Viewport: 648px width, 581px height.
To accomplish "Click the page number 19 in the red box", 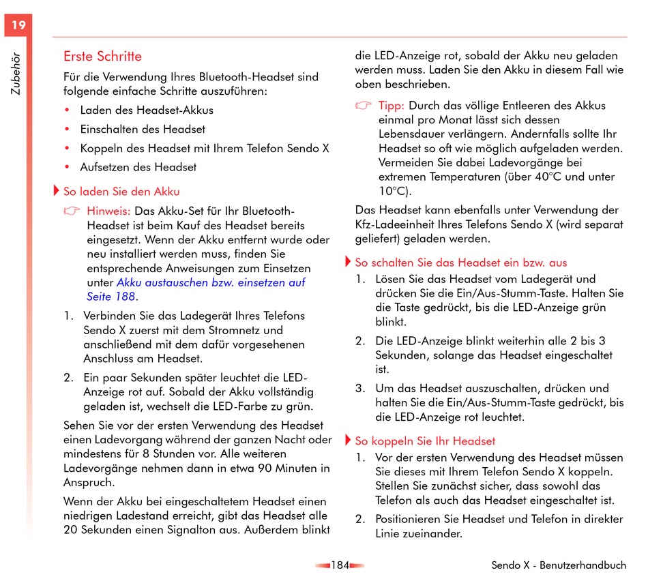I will (18, 25).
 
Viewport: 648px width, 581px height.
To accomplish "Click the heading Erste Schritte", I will (102, 57).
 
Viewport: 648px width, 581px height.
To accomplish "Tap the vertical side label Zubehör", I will (16, 74).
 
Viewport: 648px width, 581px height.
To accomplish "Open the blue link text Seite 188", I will (111, 297).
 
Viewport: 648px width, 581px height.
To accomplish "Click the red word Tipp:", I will (392, 106).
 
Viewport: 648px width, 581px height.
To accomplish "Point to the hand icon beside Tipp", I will (364, 106).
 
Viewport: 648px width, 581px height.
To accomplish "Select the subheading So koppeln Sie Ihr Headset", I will (425, 441).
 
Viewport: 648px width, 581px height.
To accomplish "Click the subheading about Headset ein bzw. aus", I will (460, 263).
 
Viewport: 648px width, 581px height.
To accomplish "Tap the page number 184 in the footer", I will (340, 565).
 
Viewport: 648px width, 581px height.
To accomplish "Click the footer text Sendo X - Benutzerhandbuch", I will (559, 565).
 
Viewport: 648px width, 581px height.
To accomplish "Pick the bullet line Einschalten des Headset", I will (143, 129).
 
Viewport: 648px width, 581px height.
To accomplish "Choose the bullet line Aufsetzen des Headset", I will (138, 167).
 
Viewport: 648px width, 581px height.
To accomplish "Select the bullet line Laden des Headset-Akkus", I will (147, 110).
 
